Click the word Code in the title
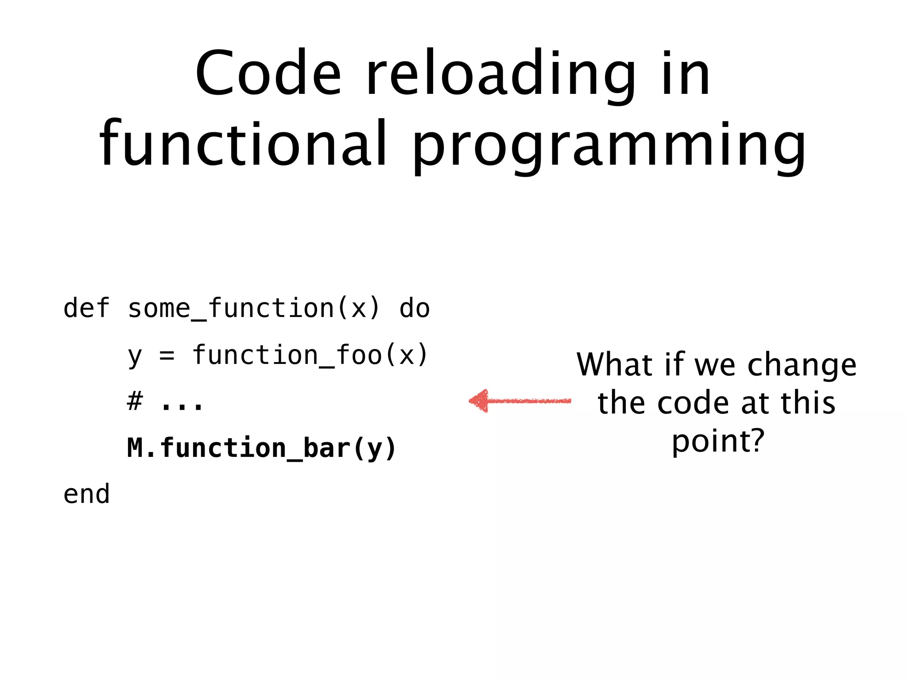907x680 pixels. [268, 73]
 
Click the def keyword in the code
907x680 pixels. [86, 309]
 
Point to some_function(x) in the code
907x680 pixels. [254, 309]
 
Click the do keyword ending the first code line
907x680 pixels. [415, 309]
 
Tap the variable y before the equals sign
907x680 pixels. [135, 356]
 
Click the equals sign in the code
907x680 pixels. [167, 355]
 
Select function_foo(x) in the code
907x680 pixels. [310, 355]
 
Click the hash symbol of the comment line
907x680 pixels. [135, 402]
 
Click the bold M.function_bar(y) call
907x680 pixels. [261, 448]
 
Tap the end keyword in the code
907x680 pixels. [86, 495]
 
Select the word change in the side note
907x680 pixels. [802, 366]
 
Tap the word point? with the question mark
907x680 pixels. [718, 442]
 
